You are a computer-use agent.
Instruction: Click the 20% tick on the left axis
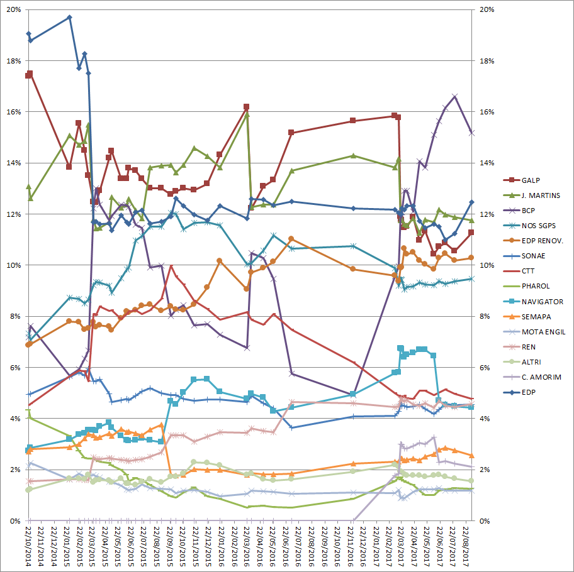12,10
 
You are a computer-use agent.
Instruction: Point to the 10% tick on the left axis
12,265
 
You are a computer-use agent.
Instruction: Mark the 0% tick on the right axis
485,520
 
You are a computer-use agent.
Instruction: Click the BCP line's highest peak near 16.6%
455,96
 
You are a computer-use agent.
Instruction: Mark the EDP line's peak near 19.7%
69,17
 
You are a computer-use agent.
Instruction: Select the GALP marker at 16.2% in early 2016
246,107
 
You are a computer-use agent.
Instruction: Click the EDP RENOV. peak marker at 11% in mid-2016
291,239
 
